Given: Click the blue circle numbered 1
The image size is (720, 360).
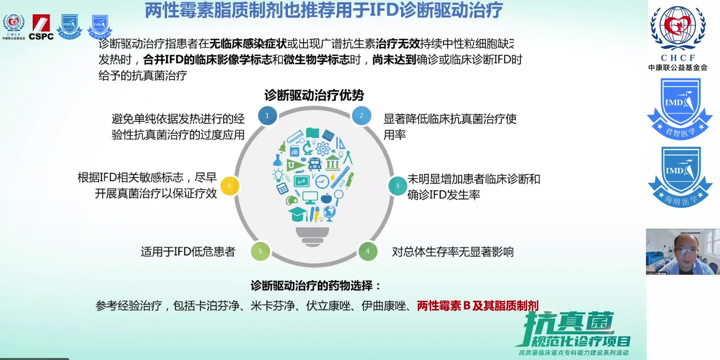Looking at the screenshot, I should pos(267,116).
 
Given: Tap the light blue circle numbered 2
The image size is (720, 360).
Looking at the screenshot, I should pos(361,116).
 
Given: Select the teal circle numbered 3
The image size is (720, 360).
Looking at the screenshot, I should pos(397,186).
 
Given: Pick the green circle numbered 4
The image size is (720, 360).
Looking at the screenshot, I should pos(368,251).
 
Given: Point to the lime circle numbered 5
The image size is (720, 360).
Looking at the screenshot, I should pos(260,251).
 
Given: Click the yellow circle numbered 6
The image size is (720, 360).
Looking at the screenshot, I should pos(229,186).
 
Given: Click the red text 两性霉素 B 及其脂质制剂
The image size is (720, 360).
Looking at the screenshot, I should pos(477,305).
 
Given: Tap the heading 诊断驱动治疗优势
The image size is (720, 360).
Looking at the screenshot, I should pos(314,96).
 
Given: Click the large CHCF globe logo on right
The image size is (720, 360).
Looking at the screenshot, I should pos(678,28).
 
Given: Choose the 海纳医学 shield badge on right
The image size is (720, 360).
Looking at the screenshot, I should pos(680,177).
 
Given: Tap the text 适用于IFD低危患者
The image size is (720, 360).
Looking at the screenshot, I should pos(188,252).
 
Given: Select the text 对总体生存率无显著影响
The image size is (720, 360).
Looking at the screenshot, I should pos(453,252).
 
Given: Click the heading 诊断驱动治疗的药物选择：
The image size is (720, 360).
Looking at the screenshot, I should pos(316,286).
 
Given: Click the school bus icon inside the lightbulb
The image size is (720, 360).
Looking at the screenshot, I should pos(314,164).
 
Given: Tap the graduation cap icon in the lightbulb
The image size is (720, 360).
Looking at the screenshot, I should pos(298,214).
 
